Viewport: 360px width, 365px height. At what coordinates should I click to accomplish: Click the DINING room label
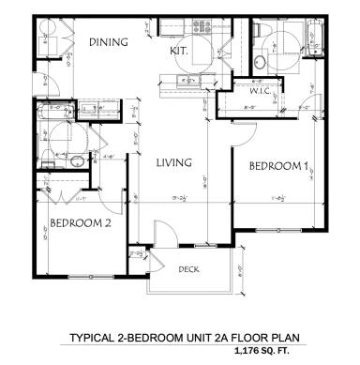coord(108,42)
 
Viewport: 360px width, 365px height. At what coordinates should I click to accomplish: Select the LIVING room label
coord(173,162)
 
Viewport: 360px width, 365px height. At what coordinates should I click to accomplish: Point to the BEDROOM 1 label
coord(278,166)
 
